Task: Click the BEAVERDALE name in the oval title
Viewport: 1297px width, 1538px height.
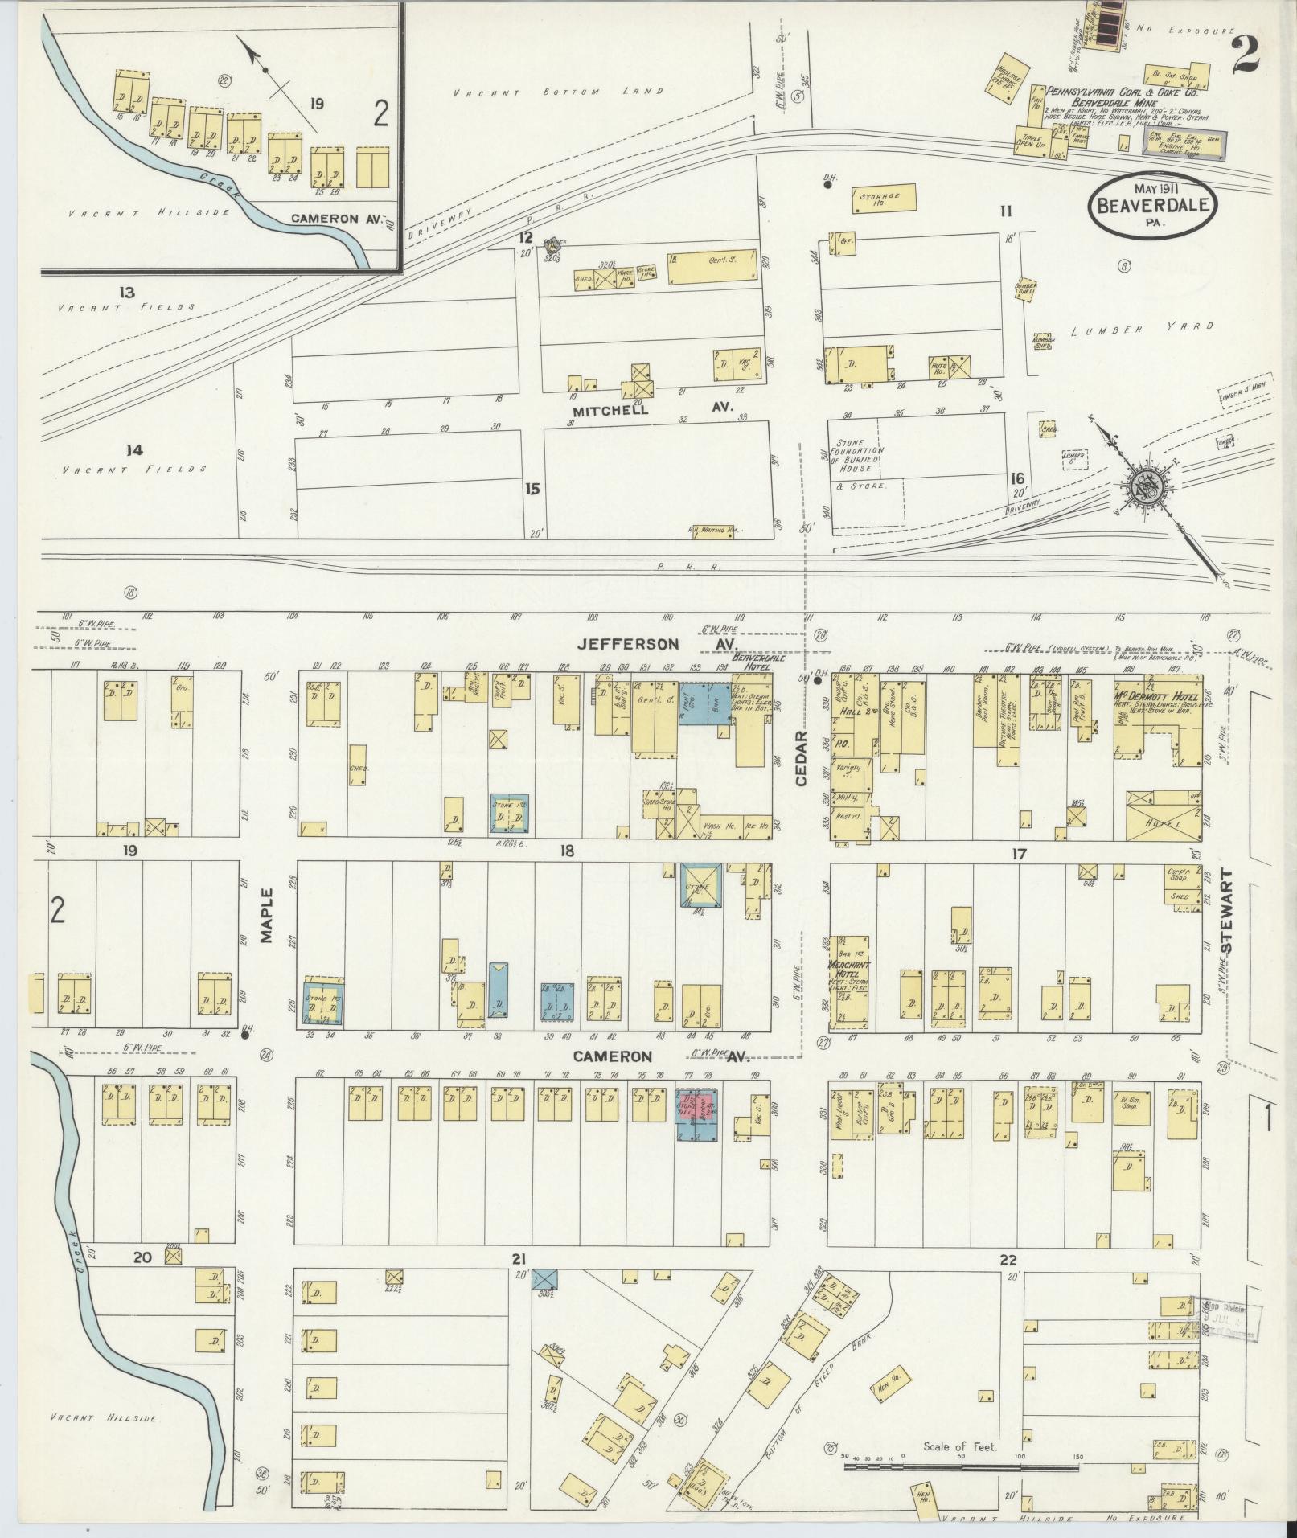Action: click(1152, 206)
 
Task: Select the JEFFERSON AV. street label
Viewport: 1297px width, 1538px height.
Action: click(658, 644)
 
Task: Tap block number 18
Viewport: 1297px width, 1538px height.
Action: click(567, 851)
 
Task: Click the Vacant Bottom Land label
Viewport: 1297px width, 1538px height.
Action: click(559, 92)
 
